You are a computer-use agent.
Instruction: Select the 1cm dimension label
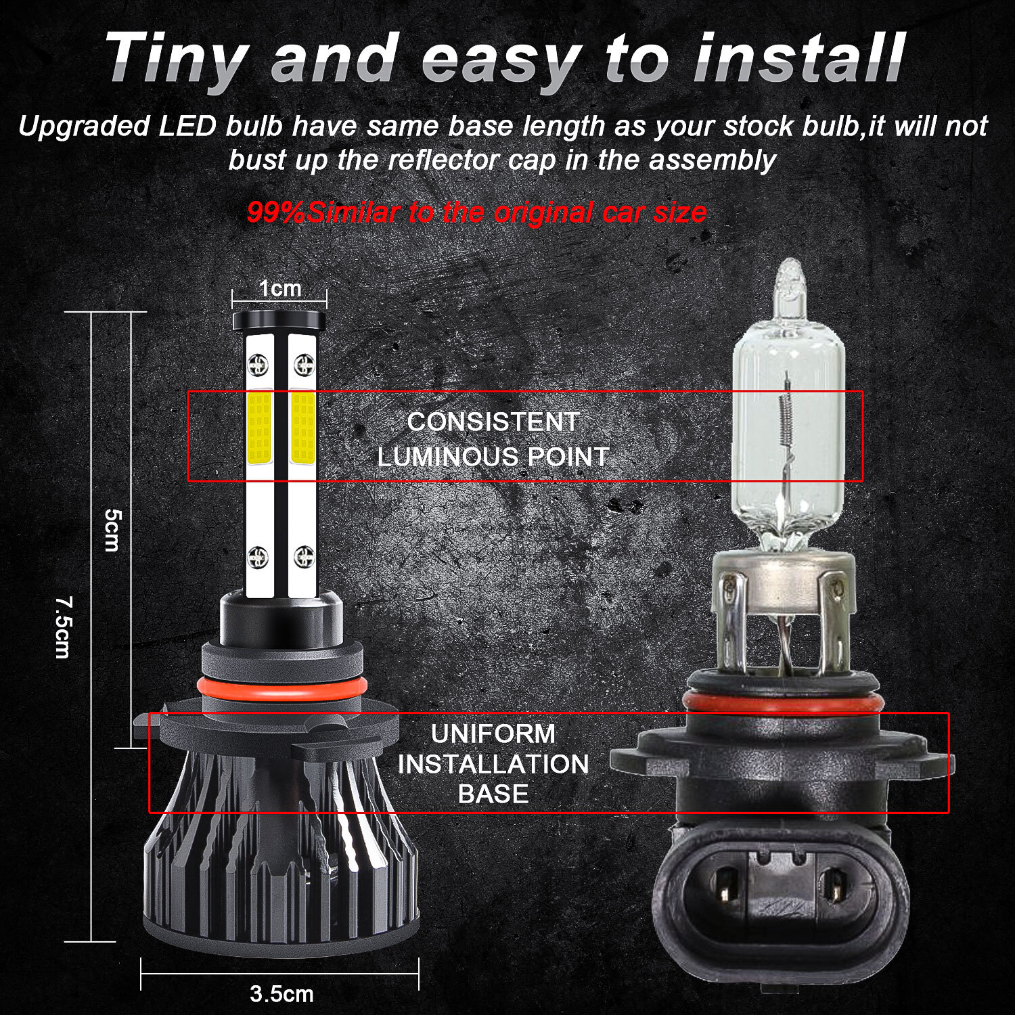(x=279, y=289)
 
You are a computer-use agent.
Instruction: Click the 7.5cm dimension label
(x=63, y=627)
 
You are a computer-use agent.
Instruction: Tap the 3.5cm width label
(x=281, y=994)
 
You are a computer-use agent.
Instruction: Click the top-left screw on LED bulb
(x=258, y=365)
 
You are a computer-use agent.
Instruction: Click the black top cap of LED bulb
(x=279, y=320)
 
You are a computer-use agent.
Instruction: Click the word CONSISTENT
(x=493, y=422)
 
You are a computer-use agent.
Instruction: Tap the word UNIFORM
(x=493, y=734)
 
